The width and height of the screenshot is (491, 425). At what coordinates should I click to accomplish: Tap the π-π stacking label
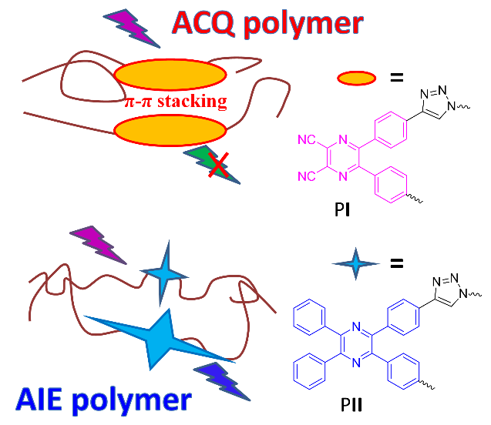[x=176, y=102]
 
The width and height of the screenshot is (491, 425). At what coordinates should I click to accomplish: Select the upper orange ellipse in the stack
[x=166, y=77]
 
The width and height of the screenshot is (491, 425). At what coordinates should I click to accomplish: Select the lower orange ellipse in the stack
[x=166, y=128]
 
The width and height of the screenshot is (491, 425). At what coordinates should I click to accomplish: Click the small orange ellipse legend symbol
[x=357, y=77]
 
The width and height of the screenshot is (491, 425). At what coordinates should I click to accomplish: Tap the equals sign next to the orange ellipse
[x=396, y=77]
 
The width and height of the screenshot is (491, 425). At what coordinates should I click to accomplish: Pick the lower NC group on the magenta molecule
[x=306, y=176]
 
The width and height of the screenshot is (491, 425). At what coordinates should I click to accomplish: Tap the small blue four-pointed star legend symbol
[x=356, y=265]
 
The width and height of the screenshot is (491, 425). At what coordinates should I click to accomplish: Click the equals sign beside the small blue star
[x=396, y=263]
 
